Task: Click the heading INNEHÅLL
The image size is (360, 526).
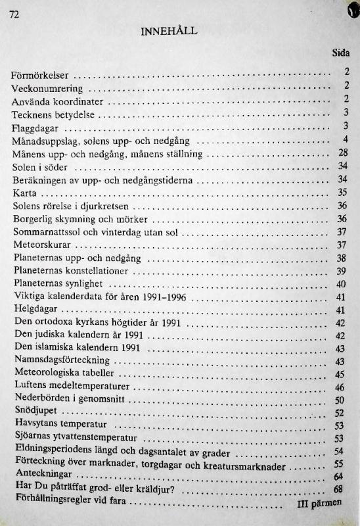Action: tap(169, 30)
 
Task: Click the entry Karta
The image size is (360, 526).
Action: tap(24, 193)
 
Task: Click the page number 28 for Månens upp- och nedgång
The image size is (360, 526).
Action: tap(342, 153)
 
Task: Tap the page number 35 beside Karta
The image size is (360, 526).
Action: tap(342, 193)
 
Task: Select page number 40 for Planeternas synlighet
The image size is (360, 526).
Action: tap(341, 284)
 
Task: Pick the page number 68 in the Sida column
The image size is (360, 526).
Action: tap(339, 489)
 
